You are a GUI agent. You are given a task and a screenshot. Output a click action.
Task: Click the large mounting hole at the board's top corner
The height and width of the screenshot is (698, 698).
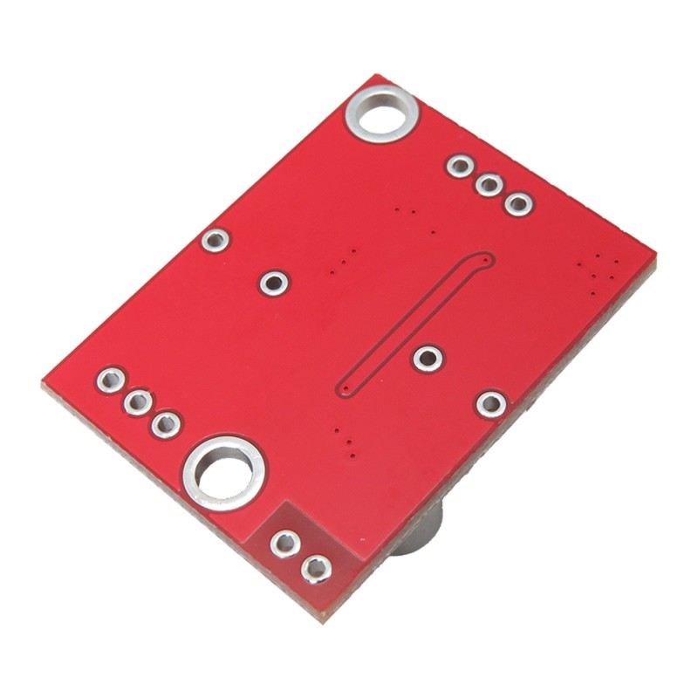coord(380,113)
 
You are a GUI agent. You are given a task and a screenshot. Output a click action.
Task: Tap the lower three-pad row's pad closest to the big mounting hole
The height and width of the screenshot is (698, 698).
coord(164,425)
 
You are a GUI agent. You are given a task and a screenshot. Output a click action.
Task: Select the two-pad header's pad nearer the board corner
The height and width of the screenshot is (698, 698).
coord(314,570)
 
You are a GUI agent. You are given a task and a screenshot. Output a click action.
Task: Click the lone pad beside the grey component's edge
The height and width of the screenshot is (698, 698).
coord(491,403)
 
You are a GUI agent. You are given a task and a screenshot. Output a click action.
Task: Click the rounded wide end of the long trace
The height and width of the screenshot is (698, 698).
coord(482,260)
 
